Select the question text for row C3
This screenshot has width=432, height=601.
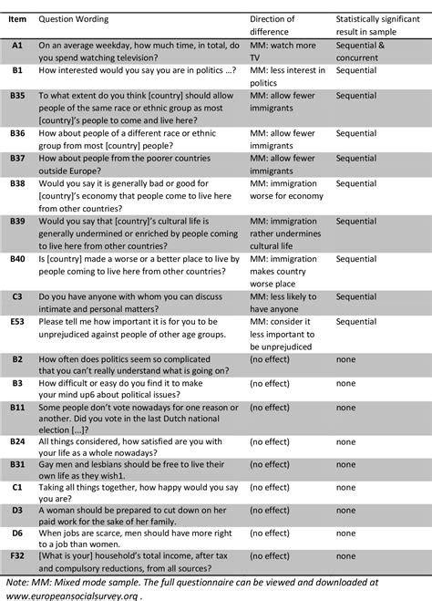(x=128, y=302)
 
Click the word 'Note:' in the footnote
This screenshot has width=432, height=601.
(x=18, y=581)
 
